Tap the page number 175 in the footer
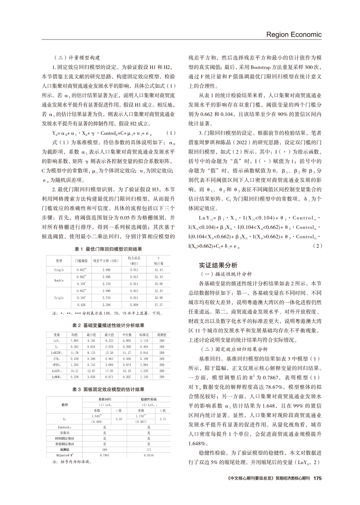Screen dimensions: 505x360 (x=317, y=490)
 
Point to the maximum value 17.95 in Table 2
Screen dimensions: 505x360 (x=109, y=371)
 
